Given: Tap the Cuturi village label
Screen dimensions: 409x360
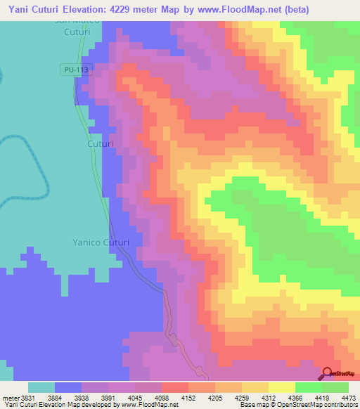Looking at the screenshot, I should point(100,143).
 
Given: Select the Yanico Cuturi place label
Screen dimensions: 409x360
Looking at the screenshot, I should point(101,242).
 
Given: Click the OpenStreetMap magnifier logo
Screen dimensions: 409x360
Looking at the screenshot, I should point(326,373).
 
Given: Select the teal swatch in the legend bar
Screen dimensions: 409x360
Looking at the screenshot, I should point(41,387).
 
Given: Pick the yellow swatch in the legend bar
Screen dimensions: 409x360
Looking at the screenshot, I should point(281,387).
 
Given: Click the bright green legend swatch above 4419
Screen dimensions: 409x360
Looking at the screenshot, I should point(308,387).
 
